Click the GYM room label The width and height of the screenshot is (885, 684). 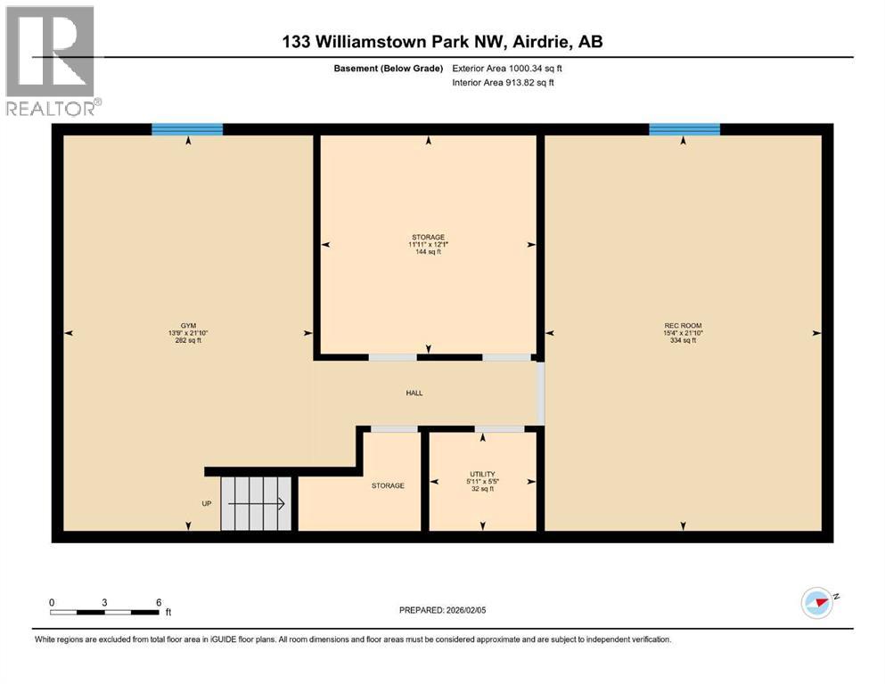point(187,326)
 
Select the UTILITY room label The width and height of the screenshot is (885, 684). point(482,475)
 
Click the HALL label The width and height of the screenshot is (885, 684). point(414,393)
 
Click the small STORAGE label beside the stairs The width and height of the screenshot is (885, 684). point(388,485)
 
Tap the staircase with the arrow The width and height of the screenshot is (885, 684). point(257,504)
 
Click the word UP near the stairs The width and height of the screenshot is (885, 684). point(207,504)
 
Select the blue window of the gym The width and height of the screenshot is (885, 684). point(187,129)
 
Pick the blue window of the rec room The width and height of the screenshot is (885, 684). point(684,129)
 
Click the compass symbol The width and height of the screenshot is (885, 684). point(818,603)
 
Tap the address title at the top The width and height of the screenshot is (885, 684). point(442,42)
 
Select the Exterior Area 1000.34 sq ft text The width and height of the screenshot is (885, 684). point(507,68)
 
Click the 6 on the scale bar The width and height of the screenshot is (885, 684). point(159,602)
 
